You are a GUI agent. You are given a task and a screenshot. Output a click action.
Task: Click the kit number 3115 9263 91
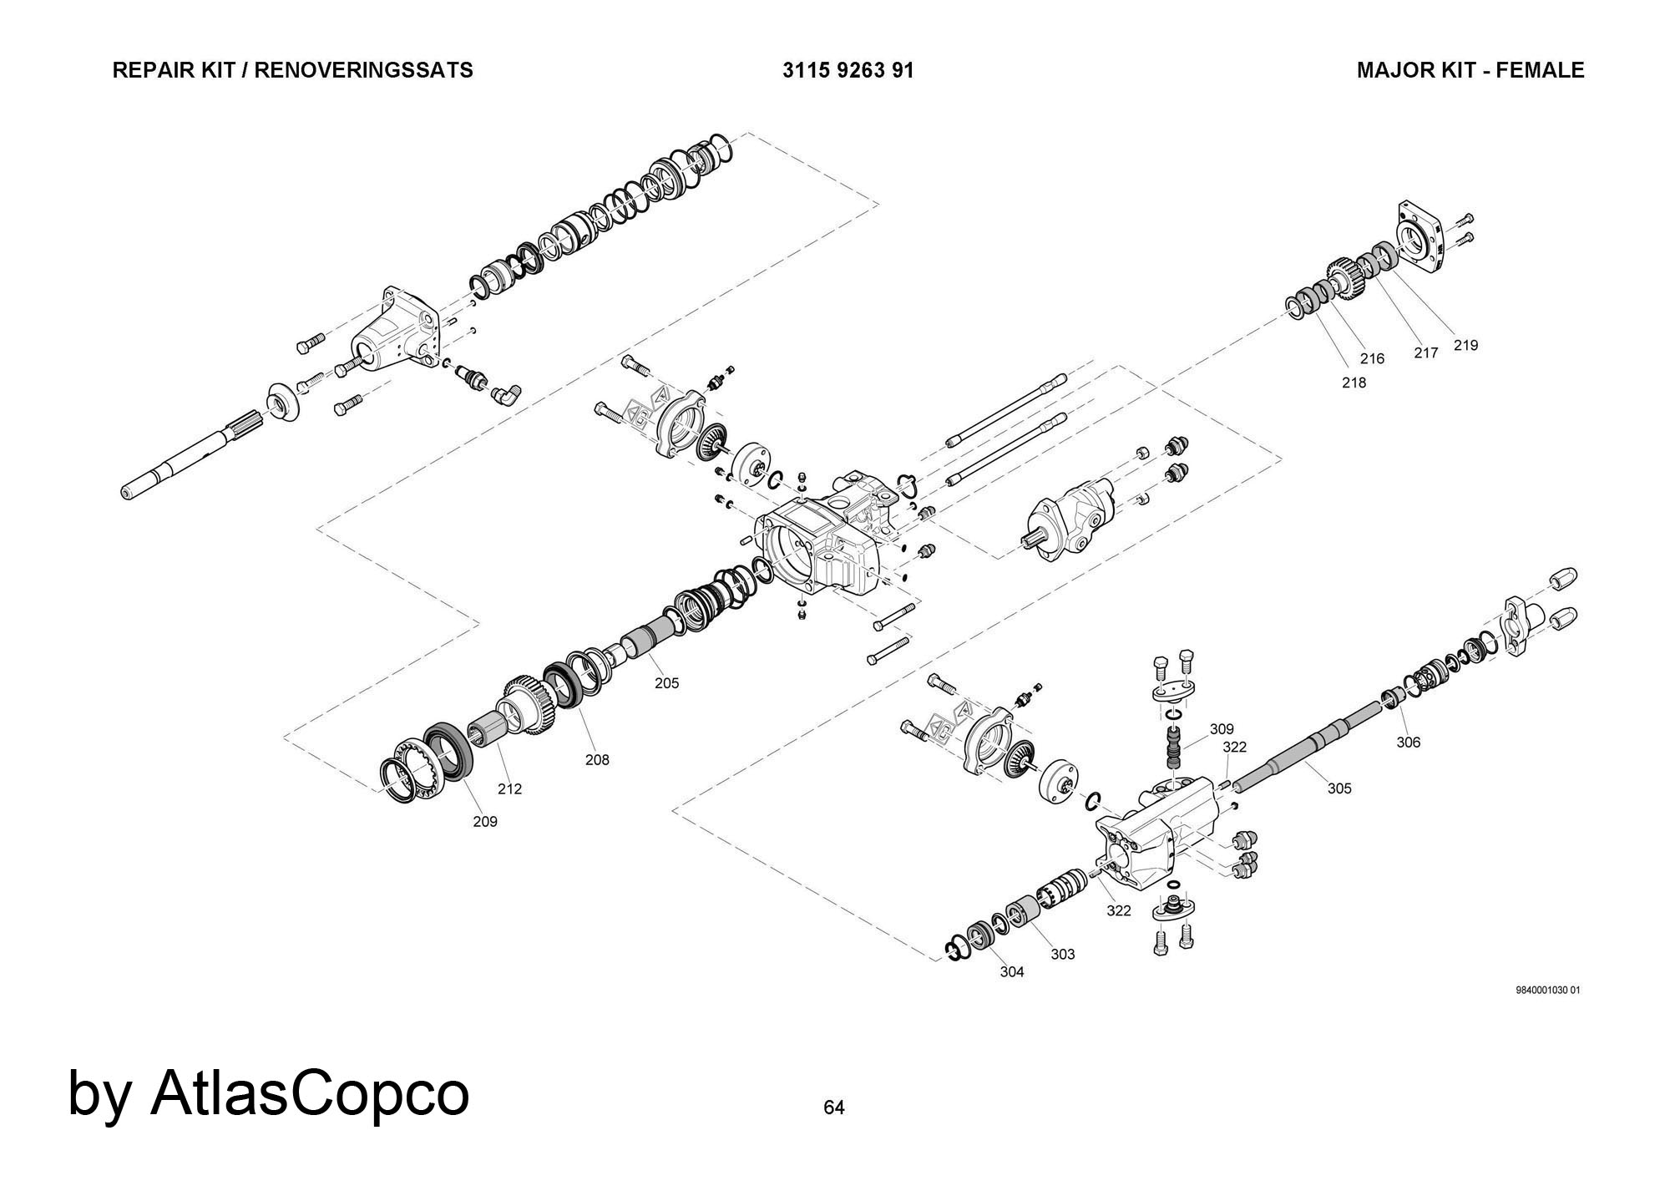click(x=848, y=70)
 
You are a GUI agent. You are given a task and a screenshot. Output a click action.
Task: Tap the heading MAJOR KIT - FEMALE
click(x=1470, y=70)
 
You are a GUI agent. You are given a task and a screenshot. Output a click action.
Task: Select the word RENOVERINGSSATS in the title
click(x=363, y=70)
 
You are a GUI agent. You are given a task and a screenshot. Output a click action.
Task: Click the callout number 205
click(x=666, y=683)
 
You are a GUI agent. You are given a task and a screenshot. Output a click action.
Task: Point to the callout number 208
click(x=597, y=760)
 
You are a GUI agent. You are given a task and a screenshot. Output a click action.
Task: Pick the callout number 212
click(x=509, y=788)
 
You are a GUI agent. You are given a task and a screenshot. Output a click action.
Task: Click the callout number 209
click(x=485, y=822)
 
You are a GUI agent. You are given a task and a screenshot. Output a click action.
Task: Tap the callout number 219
click(x=1465, y=345)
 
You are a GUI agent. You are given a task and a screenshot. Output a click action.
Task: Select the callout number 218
click(x=1354, y=383)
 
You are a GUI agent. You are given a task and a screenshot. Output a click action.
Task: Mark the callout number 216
click(x=1372, y=358)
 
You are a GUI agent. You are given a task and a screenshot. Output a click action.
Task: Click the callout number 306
click(x=1409, y=743)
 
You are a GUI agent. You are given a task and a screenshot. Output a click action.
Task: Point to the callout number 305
click(x=1339, y=788)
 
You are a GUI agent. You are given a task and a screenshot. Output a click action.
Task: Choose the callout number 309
click(x=1222, y=729)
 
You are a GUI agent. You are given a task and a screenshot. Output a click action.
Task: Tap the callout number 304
click(x=1012, y=972)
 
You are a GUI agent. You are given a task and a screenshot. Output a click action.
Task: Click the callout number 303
click(x=1063, y=955)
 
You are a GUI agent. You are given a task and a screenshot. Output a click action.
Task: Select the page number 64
click(x=834, y=1108)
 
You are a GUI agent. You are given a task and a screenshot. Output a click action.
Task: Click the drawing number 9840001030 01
click(x=1547, y=991)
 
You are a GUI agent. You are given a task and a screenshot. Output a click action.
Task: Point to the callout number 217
click(x=1426, y=353)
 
